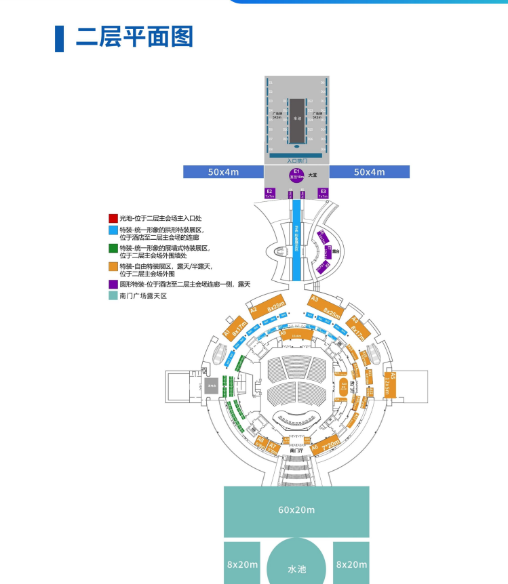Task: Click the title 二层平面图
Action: click(134, 37)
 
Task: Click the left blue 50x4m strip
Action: click(223, 172)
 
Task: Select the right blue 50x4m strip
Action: click(369, 172)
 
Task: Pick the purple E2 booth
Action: click(270, 193)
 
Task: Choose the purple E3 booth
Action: click(323, 193)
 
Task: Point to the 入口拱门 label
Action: click(296, 161)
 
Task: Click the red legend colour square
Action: click(113, 218)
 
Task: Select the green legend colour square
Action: click(113, 249)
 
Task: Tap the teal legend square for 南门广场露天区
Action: click(113, 295)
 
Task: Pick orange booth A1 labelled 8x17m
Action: click(233, 331)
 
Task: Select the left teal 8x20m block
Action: click(242, 563)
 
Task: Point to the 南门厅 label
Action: click(296, 449)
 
